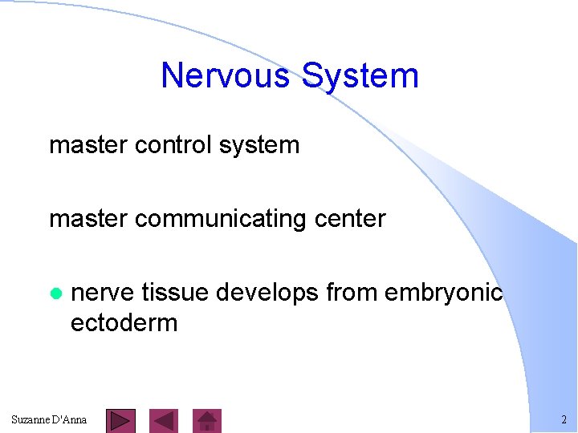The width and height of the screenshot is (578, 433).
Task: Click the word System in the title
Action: point(359,76)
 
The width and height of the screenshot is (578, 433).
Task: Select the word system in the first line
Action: point(263,145)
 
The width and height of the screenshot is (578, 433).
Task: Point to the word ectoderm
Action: point(124,323)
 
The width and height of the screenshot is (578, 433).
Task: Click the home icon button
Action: point(208,420)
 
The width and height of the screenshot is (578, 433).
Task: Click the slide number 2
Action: point(564,420)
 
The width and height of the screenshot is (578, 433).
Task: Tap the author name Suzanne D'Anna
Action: point(49,419)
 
